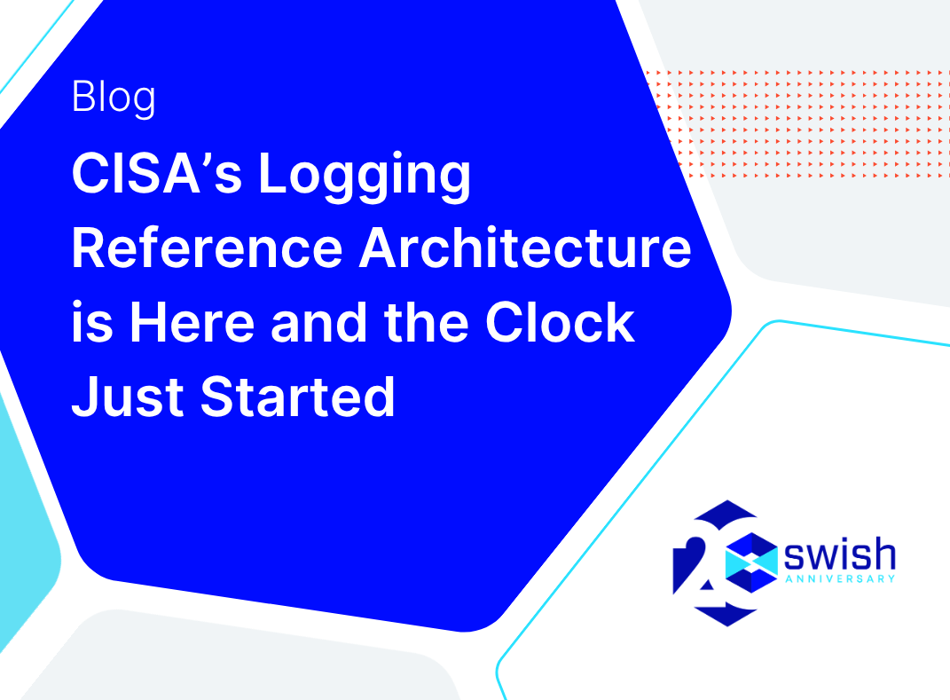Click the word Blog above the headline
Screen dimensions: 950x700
114,98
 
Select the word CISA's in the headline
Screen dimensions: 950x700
157,173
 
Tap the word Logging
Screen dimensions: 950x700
365,177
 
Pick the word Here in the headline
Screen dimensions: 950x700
192,322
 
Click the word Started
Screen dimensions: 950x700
297,397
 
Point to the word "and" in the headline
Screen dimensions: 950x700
318,322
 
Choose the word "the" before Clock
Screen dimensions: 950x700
426,322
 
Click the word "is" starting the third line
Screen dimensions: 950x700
93,322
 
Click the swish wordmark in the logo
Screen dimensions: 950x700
840,554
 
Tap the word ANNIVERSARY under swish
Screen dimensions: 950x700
840,578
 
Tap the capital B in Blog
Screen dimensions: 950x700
82,96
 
